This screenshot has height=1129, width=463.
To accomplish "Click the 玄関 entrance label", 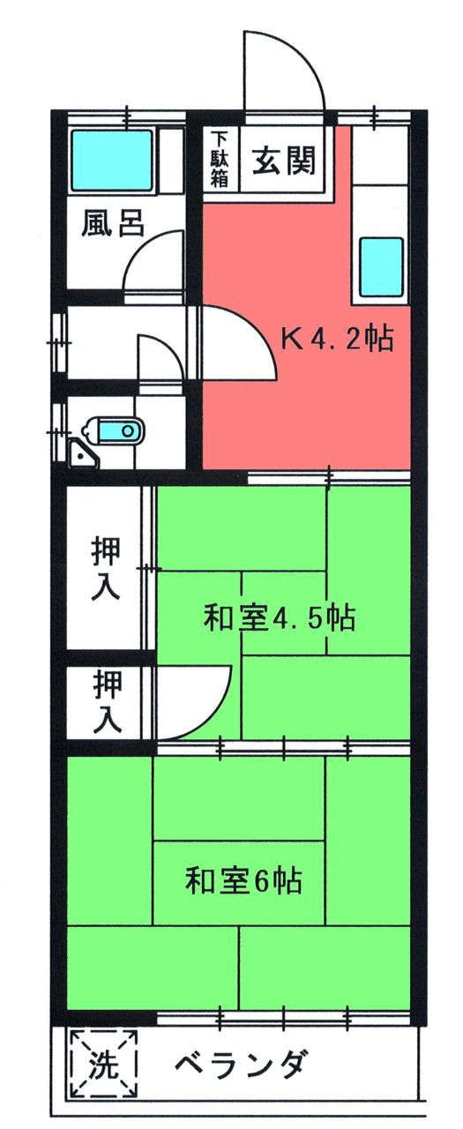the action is coord(283,161).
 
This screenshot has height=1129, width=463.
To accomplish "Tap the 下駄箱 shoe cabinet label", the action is coord(220,160).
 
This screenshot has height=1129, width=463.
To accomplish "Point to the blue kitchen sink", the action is coord(381,266).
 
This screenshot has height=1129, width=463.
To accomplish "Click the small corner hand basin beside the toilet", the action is coord(82,454).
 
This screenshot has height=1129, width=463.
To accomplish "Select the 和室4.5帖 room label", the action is coord(280,617).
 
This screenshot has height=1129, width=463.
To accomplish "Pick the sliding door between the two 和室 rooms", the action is coord(284,747).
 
